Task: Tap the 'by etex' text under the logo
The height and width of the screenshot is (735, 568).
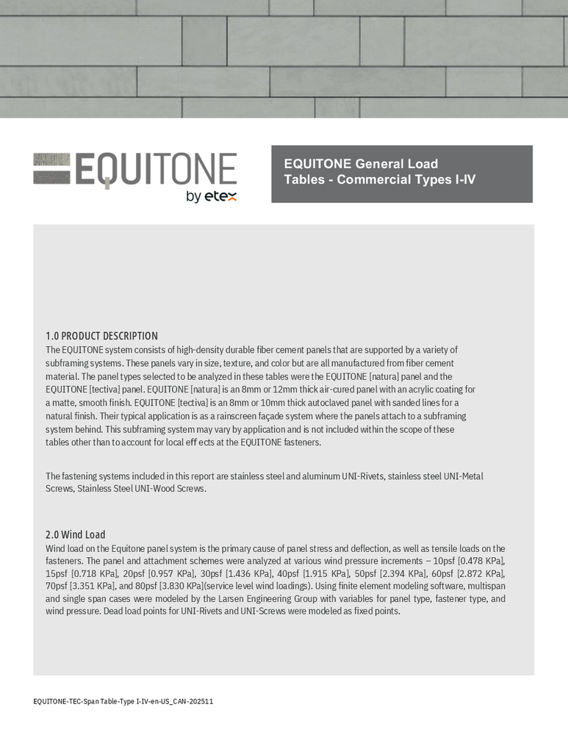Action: [212, 196]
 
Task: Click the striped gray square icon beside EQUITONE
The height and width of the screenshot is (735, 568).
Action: [51, 169]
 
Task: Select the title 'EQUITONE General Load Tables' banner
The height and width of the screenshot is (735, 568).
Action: [401, 173]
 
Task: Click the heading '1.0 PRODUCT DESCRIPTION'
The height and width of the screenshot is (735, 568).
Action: [101, 336]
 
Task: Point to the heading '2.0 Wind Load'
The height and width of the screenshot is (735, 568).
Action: [75, 534]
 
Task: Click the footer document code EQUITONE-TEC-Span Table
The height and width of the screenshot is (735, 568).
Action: [123, 701]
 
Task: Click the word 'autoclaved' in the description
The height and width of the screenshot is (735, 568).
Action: [320, 402]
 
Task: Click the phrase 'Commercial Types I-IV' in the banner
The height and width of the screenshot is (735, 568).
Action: [406, 179]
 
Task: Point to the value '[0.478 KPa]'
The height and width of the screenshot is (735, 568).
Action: [481, 561]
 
